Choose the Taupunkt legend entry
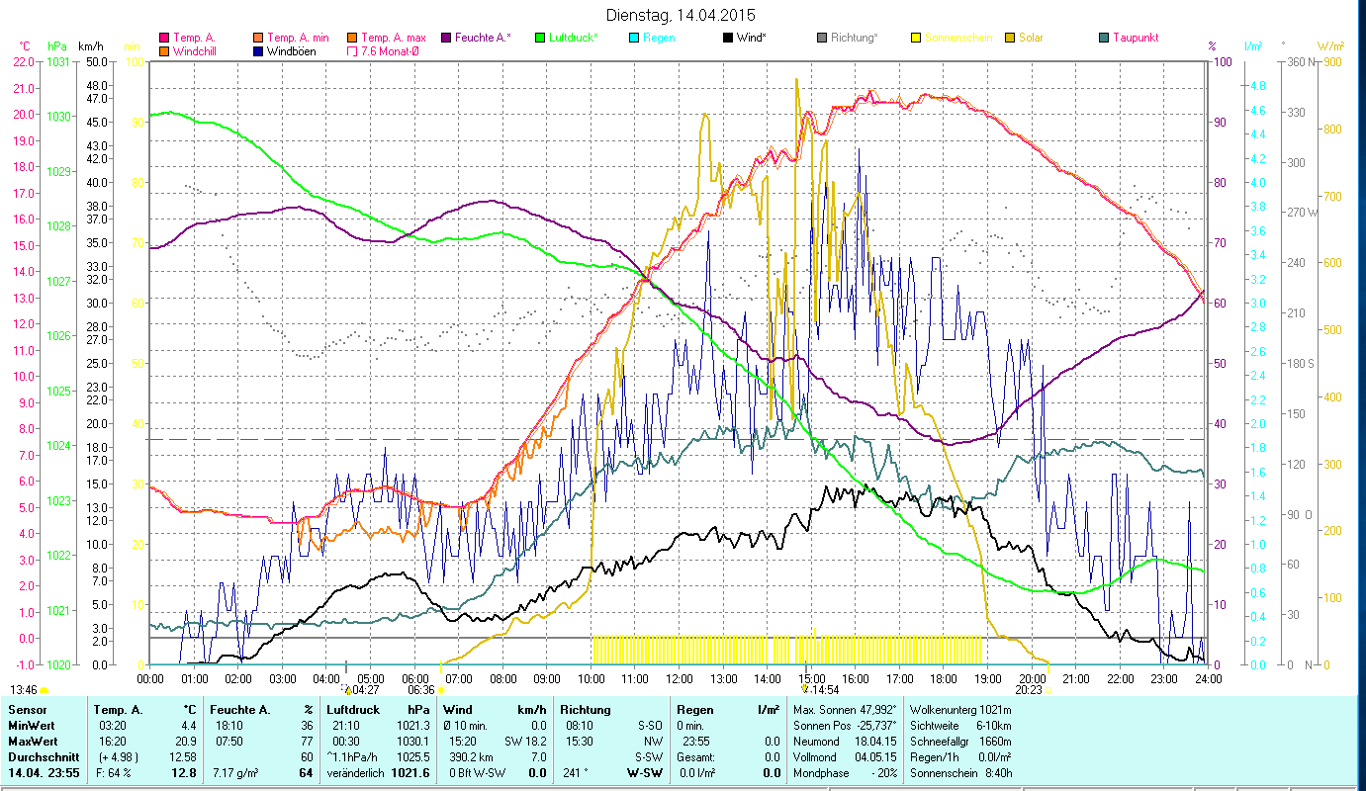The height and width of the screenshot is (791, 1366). click(1135, 38)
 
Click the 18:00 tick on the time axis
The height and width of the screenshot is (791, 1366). click(944, 679)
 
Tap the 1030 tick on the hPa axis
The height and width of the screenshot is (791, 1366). click(58, 116)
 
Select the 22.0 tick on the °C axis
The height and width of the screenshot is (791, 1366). click(23, 61)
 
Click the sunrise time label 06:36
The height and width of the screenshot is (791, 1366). click(420, 690)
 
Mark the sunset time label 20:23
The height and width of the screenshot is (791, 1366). click(1029, 690)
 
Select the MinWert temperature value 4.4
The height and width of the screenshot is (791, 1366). click(188, 726)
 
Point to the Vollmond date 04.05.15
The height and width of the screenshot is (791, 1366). click(871, 756)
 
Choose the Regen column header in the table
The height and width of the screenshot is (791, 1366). click(694, 710)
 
